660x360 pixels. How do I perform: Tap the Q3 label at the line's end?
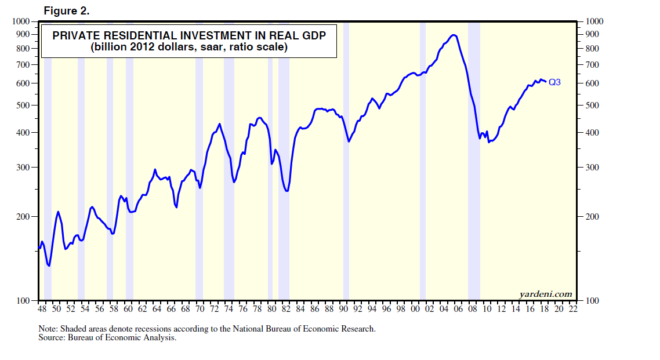tap(554, 82)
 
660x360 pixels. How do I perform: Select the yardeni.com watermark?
tap(546, 294)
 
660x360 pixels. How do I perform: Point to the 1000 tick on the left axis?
tap(20, 21)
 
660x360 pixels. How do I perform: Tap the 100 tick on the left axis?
tap(23, 301)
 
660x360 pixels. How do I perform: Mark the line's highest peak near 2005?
tap(454, 35)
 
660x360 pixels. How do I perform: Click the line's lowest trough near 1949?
tap(49, 266)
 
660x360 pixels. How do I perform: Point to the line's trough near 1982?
tap(287, 191)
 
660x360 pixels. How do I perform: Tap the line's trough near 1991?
tap(349, 141)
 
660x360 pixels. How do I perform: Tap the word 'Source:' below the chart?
tap(53, 337)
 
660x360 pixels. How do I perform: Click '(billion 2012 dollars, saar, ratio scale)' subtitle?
tap(189, 48)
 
